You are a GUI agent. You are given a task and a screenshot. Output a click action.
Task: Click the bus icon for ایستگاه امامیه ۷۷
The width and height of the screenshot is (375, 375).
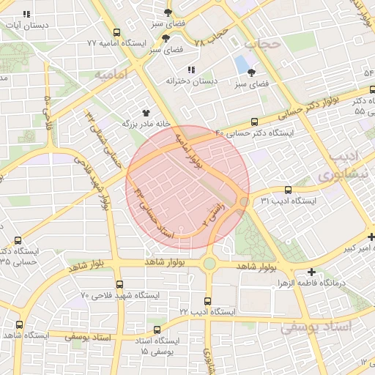click(x=117, y=33)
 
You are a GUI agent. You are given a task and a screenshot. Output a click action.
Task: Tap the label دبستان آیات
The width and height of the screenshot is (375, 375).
click(x=27, y=25)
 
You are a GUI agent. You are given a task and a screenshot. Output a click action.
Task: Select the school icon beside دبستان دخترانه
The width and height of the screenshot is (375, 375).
click(x=191, y=70)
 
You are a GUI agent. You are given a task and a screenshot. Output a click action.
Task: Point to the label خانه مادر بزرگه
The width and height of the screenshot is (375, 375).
click(x=145, y=124)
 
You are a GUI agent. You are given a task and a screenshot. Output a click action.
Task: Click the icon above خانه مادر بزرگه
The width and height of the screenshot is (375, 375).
click(x=146, y=113)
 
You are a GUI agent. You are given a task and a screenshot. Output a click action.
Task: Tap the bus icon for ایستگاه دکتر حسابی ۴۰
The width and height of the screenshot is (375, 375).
click(x=254, y=122)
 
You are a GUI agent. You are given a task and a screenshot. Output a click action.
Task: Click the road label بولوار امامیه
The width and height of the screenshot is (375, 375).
click(x=187, y=152)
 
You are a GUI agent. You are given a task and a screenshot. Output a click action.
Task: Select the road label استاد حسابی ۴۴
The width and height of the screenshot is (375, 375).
click(x=153, y=213)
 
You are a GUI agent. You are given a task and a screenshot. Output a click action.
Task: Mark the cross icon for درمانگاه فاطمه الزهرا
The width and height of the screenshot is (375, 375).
click(x=312, y=272)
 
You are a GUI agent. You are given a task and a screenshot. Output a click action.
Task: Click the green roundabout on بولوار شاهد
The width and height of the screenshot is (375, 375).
click(x=210, y=263)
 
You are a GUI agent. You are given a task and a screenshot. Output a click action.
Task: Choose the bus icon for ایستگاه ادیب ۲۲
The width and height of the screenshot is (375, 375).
click(x=208, y=300)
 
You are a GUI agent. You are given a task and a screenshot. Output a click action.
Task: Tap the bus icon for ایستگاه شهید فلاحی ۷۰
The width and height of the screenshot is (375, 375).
click(x=119, y=285)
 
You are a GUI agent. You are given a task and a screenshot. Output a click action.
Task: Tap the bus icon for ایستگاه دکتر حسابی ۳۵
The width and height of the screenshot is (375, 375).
click(x=18, y=240)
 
